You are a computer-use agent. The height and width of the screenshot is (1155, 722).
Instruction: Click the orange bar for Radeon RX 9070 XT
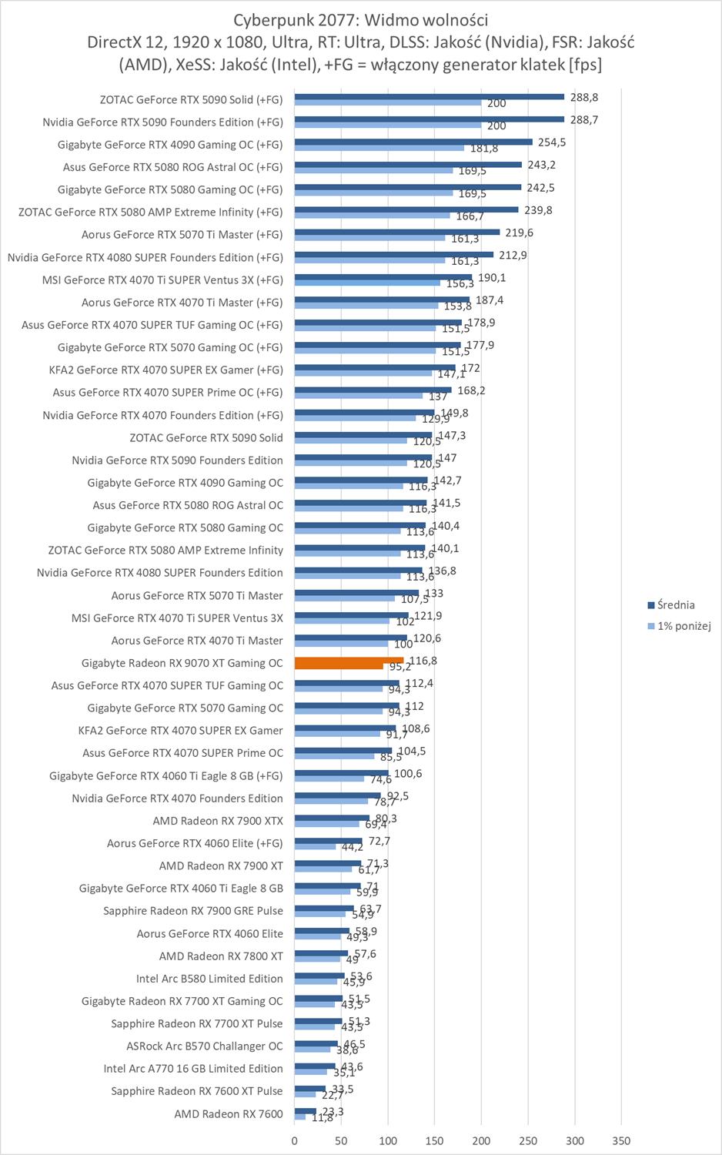[x=349, y=661]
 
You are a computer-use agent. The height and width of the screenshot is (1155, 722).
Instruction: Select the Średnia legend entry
[x=676, y=605]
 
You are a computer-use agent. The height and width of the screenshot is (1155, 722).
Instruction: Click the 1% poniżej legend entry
[x=684, y=626]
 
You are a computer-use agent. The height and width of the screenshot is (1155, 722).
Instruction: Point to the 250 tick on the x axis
[x=528, y=1140]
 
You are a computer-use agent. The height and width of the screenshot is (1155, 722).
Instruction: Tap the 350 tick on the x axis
[x=621, y=1140]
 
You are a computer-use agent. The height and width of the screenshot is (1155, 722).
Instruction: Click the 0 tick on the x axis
[x=295, y=1140]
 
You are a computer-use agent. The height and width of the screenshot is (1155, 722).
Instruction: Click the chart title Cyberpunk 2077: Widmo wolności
[x=361, y=20]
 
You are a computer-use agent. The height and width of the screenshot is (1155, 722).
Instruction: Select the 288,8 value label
[x=584, y=98]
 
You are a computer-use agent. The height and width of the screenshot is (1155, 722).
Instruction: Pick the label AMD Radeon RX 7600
[x=229, y=1113]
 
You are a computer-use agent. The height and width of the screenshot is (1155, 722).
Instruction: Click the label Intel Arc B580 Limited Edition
[x=209, y=979]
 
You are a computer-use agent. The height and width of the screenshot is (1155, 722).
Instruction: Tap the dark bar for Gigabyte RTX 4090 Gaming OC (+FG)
[x=413, y=142]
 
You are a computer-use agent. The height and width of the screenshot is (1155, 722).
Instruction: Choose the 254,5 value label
[x=552, y=142]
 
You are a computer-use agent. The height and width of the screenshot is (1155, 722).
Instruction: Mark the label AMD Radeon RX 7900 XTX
[x=218, y=821]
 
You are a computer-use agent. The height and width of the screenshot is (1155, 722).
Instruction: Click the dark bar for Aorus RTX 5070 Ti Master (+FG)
[x=397, y=232]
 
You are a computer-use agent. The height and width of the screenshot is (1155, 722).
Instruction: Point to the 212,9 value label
[x=513, y=255]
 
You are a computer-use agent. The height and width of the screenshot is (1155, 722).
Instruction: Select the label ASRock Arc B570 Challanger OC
[x=205, y=1046]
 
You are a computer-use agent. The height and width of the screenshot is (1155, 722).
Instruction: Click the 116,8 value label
[x=423, y=661]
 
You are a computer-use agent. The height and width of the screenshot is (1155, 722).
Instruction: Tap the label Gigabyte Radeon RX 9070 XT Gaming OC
[x=182, y=663]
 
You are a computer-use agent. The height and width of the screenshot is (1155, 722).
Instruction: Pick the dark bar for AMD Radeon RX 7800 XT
[x=322, y=953]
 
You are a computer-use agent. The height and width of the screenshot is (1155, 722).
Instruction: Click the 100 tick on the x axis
[x=388, y=1140]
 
